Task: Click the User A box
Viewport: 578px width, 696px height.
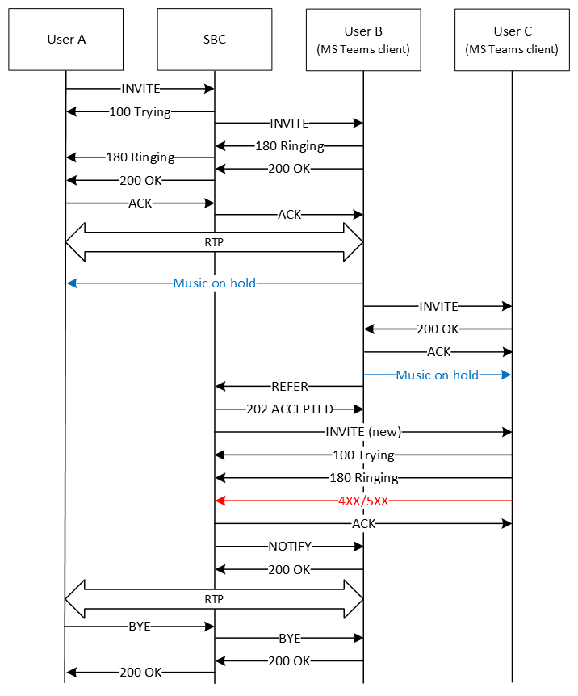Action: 66,39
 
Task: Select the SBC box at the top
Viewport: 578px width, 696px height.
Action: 215,39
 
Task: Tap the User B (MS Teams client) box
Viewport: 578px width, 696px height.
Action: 363,39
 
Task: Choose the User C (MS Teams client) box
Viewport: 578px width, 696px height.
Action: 512,39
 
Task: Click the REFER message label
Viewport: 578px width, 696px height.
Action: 289,387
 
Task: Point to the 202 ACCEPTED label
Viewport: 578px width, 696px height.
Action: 289,409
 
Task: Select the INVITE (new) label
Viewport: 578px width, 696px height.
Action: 363,432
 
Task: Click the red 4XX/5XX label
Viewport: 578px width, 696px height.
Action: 363,501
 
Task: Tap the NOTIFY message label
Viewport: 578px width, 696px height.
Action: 289,547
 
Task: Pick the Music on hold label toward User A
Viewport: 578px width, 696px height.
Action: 215,283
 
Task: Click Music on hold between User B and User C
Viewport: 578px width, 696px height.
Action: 438,375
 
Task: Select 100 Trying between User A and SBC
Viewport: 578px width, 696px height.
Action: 140,112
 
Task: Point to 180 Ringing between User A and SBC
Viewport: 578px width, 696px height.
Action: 140,157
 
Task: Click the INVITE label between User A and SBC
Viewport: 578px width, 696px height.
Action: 140,88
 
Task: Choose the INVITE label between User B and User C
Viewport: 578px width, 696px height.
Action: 438,307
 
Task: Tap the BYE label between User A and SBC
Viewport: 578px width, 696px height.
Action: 140,626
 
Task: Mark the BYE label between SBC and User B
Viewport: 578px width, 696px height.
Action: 289,638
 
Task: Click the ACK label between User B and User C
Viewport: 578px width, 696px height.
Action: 438,352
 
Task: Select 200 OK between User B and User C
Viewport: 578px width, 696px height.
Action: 438,329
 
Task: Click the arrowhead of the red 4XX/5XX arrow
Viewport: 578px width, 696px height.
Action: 220,501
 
